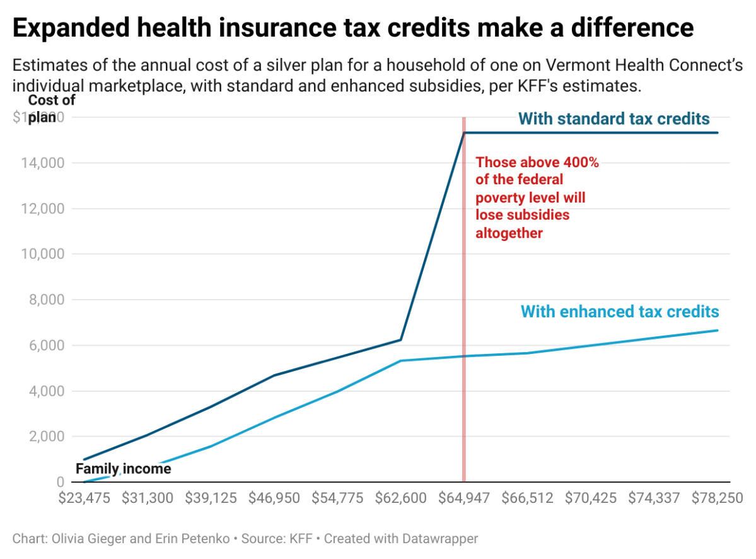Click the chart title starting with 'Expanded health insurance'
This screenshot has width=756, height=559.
coord(353,28)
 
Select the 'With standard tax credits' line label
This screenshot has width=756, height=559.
coord(614,119)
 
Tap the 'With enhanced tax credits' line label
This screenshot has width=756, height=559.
coord(620,311)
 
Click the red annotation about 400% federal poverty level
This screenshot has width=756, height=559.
coord(537,197)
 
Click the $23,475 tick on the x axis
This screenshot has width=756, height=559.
coord(84,498)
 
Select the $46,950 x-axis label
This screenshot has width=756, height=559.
coord(274,498)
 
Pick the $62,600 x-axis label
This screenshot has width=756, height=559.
coord(400,498)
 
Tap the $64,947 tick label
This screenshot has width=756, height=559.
coord(464,498)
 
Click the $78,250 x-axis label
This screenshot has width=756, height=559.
coord(717,498)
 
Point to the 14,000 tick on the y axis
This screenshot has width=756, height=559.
coord(39,163)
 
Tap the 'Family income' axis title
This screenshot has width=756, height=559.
coord(123,469)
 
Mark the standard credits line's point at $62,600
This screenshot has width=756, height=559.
coord(400,340)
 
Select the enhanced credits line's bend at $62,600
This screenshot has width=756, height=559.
coord(400,361)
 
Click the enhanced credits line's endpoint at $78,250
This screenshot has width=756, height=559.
coord(717,331)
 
